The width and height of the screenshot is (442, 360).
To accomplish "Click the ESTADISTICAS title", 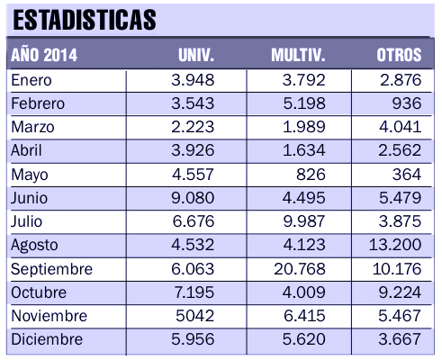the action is pyautogui.click(x=85, y=20).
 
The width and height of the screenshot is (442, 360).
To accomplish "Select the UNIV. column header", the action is pyautogui.click(x=196, y=55).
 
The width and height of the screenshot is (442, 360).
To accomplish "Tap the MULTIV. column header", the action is pyautogui.click(x=298, y=55).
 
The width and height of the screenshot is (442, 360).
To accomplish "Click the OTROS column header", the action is pyautogui.click(x=399, y=55).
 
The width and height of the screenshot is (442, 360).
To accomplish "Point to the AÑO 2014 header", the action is pyautogui.click(x=44, y=55).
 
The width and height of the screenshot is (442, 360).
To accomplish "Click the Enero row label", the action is pyautogui.click(x=32, y=80).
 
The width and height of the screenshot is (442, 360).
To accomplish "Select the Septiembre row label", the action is pyautogui.click(x=51, y=269).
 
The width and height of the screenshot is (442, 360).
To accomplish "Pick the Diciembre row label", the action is pyautogui.click(x=47, y=339).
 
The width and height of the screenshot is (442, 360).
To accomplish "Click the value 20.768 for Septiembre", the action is pyautogui.click(x=300, y=269).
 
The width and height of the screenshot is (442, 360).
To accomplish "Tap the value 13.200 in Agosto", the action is pyautogui.click(x=395, y=245).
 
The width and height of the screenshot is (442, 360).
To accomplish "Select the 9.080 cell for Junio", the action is pyautogui.click(x=193, y=198).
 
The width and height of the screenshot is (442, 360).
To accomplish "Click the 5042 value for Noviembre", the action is pyautogui.click(x=194, y=316).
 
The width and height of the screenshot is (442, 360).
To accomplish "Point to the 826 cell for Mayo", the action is pyautogui.click(x=311, y=175).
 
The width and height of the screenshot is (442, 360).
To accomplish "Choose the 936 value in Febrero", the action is pyautogui.click(x=407, y=103).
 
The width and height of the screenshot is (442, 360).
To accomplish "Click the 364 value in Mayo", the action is pyautogui.click(x=407, y=175).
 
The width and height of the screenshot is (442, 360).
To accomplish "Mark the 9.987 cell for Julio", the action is pyautogui.click(x=304, y=221).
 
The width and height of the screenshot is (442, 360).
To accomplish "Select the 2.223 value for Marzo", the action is pyautogui.click(x=193, y=127).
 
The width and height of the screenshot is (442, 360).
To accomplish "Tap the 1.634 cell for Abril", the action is pyautogui.click(x=304, y=150).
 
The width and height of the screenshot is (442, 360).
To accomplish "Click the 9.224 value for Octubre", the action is pyautogui.click(x=400, y=292).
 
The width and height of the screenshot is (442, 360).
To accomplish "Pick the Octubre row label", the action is pyautogui.click(x=39, y=292).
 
